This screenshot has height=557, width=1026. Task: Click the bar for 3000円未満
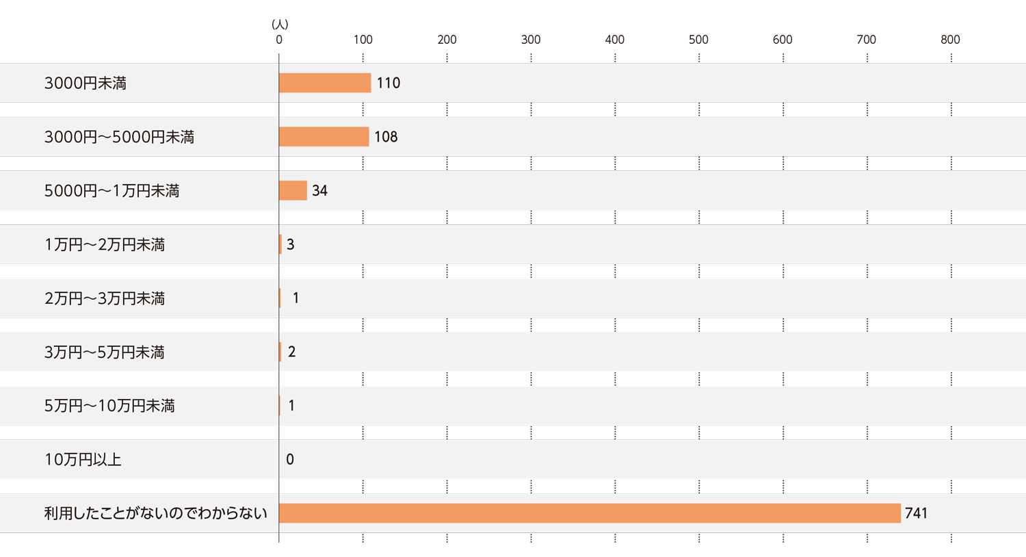pos(325,83)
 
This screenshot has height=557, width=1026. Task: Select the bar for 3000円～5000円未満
pos(324,137)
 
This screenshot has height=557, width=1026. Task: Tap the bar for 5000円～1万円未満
pos(293,190)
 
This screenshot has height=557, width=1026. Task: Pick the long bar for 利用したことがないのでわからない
pos(590,513)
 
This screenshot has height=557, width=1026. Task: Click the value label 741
pos(916,513)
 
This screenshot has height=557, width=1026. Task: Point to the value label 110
pos(389,83)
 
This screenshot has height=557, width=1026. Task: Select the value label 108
pos(386,137)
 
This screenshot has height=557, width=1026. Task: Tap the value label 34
pos(319,191)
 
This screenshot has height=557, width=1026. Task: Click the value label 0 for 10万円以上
pos(290,459)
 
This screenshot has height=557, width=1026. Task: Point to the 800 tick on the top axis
pos(950,40)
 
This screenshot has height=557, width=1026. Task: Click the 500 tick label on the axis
pos(698,40)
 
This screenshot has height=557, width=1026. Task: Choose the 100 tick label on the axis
pos(363,40)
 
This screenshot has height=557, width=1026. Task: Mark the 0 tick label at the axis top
pos(279,40)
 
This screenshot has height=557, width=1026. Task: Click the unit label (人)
pos(280,25)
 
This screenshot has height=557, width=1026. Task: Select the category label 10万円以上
pos(83,459)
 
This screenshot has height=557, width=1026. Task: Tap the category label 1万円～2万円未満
pos(105,244)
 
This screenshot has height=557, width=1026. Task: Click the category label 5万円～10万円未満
pos(109,406)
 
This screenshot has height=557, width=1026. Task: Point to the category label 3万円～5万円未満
pos(105,352)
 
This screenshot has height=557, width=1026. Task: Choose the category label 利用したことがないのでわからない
pos(155,513)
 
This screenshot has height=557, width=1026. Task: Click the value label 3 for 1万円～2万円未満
pos(291,244)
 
